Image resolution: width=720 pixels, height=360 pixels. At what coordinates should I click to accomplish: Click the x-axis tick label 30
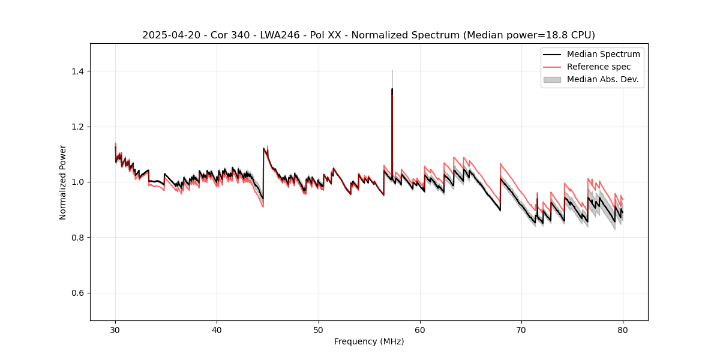115,329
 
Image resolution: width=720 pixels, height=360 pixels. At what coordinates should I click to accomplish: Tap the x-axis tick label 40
217,329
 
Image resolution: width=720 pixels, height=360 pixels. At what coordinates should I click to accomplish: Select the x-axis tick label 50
319,329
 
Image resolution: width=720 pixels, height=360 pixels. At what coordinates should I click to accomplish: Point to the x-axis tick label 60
420,329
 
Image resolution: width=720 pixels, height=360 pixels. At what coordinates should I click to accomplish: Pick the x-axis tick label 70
521,329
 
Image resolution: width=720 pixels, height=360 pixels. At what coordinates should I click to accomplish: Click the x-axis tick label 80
623,329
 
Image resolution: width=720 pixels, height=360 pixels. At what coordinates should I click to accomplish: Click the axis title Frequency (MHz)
369,341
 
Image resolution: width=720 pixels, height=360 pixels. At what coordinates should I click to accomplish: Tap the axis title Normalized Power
63,182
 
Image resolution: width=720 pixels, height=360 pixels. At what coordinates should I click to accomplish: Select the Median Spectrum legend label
603,54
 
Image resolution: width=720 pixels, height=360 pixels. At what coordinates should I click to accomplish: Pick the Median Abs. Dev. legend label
602,79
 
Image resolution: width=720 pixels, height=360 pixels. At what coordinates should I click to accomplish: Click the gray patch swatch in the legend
552,79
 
